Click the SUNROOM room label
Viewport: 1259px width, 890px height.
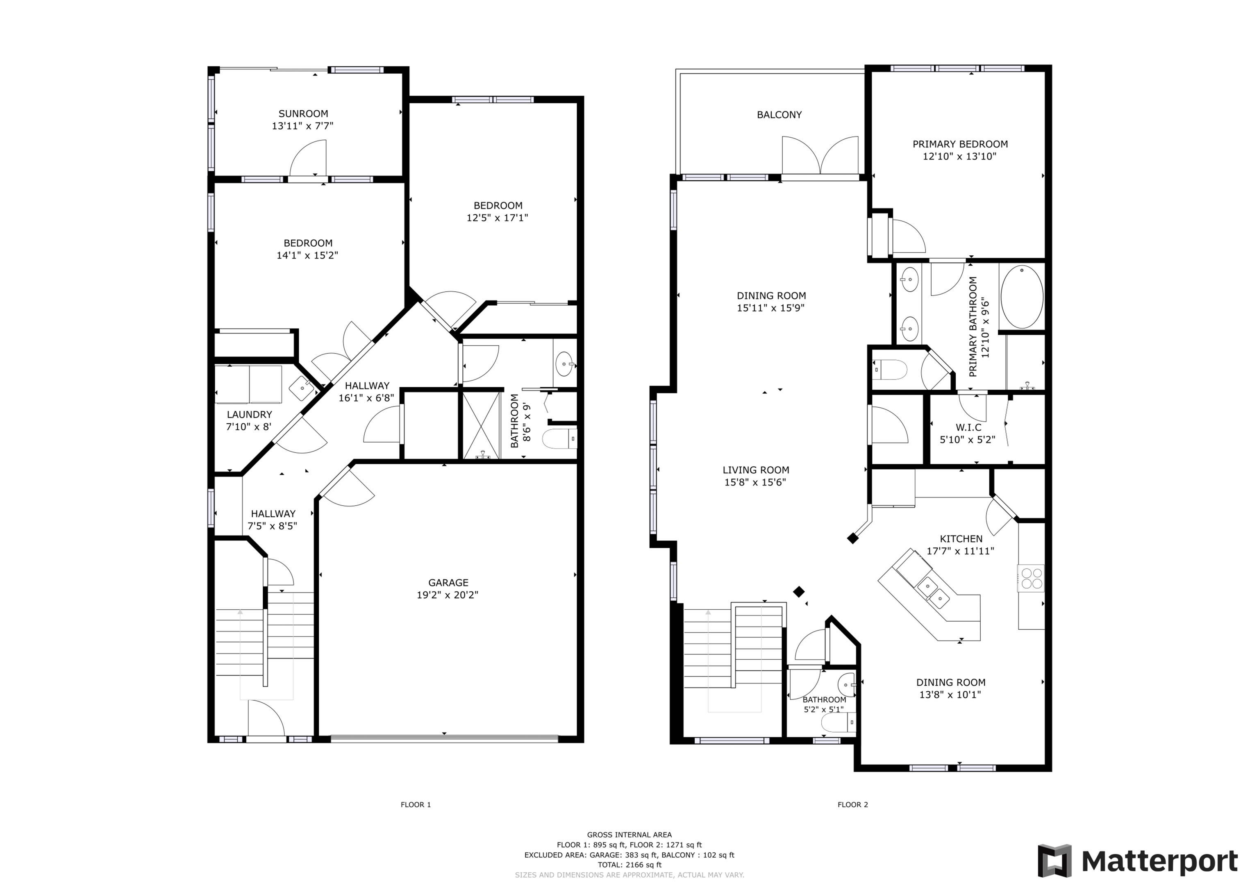[x=303, y=114]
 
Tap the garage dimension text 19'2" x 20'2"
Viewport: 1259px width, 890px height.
[x=448, y=595]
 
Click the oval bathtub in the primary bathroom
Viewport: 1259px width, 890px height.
[x=1022, y=297]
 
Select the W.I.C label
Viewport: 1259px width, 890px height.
[x=968, y=427]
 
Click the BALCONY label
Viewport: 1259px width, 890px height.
[x=779, y=115]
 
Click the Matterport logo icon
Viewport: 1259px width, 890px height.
[x=1054, y=860]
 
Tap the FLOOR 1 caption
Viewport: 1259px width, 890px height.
[x=416, y=804]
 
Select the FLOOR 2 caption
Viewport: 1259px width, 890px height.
[x=853, y=804]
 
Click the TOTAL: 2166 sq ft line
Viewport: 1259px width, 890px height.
[x=629, y=865]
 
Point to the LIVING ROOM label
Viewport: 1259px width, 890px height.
[x=756, y=470]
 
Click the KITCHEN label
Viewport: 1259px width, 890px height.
[x=961, y=538]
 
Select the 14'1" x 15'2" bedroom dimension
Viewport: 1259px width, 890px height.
[x=307, y=255]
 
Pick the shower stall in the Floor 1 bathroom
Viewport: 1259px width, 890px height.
[x=482, y=425]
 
